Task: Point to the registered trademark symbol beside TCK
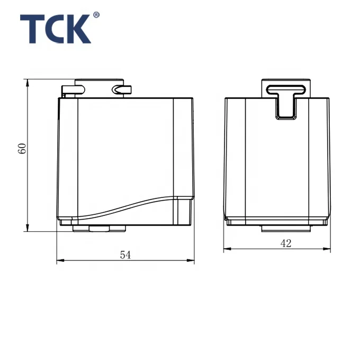tap(96, 15)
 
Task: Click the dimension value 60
tap(22, 148)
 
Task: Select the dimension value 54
tap(125, 255)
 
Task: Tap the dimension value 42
tap(286, 243)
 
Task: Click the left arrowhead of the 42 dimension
tap(227, 249)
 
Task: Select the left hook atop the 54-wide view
tap(70, 89)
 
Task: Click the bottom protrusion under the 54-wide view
tap(107, 229)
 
